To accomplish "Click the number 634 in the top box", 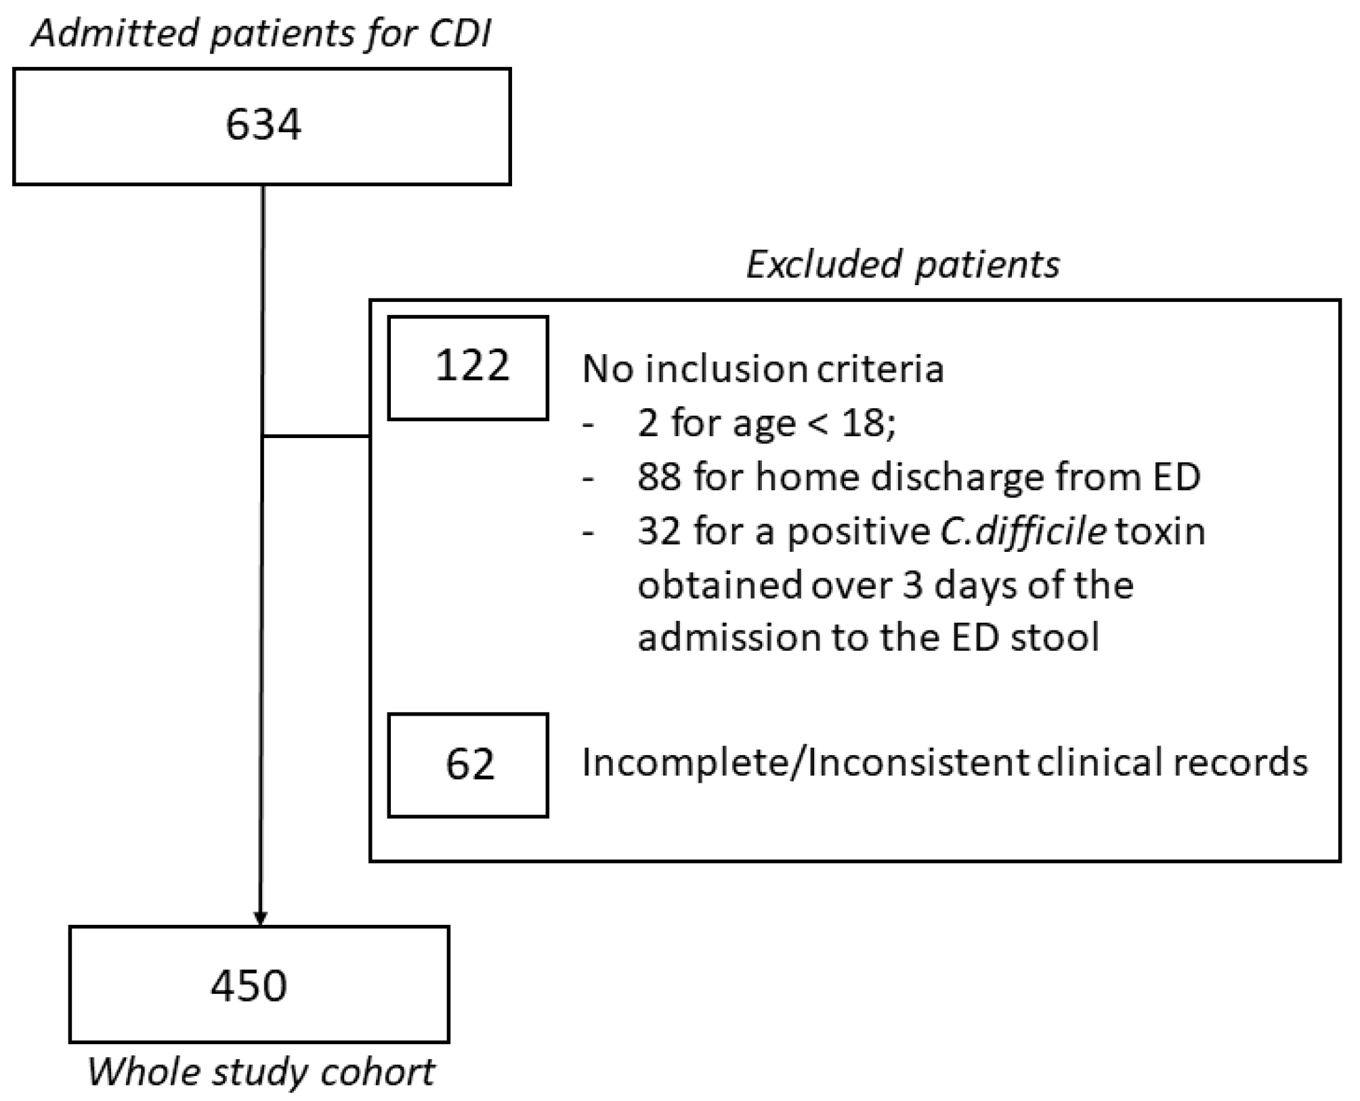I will [263, 125].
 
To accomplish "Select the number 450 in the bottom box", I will [249, 985].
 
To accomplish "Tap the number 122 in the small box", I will [471, 366].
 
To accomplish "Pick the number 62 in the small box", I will [470, 764].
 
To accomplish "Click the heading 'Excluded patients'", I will [903, 264].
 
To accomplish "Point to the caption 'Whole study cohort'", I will [261, 1073].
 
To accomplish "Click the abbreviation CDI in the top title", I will [459, 33].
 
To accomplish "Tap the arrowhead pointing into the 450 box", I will [260, 918].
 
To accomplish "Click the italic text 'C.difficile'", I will [1023, 531].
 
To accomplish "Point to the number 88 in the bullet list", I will [659, 477].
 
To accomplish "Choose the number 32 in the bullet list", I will [659, 531].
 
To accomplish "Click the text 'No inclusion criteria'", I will [763, 370].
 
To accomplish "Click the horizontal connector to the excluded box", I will [316, 437].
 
